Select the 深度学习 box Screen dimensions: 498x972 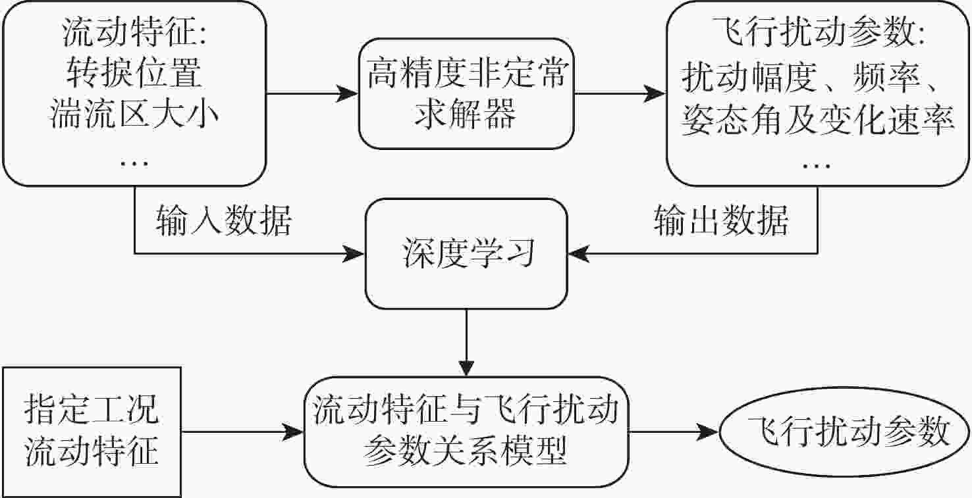coord(466,254)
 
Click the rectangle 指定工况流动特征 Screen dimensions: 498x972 coord(92,432)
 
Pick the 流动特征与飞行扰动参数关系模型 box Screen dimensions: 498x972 coord(466,432)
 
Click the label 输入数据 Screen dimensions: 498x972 coord(223,222)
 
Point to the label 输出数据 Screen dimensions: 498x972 coord(721,222)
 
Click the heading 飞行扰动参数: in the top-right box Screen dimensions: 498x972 coord(817,35)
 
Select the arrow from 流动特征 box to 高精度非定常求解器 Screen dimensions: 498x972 coord(312,94)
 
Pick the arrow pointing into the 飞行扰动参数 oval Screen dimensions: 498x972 coord(673,432)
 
